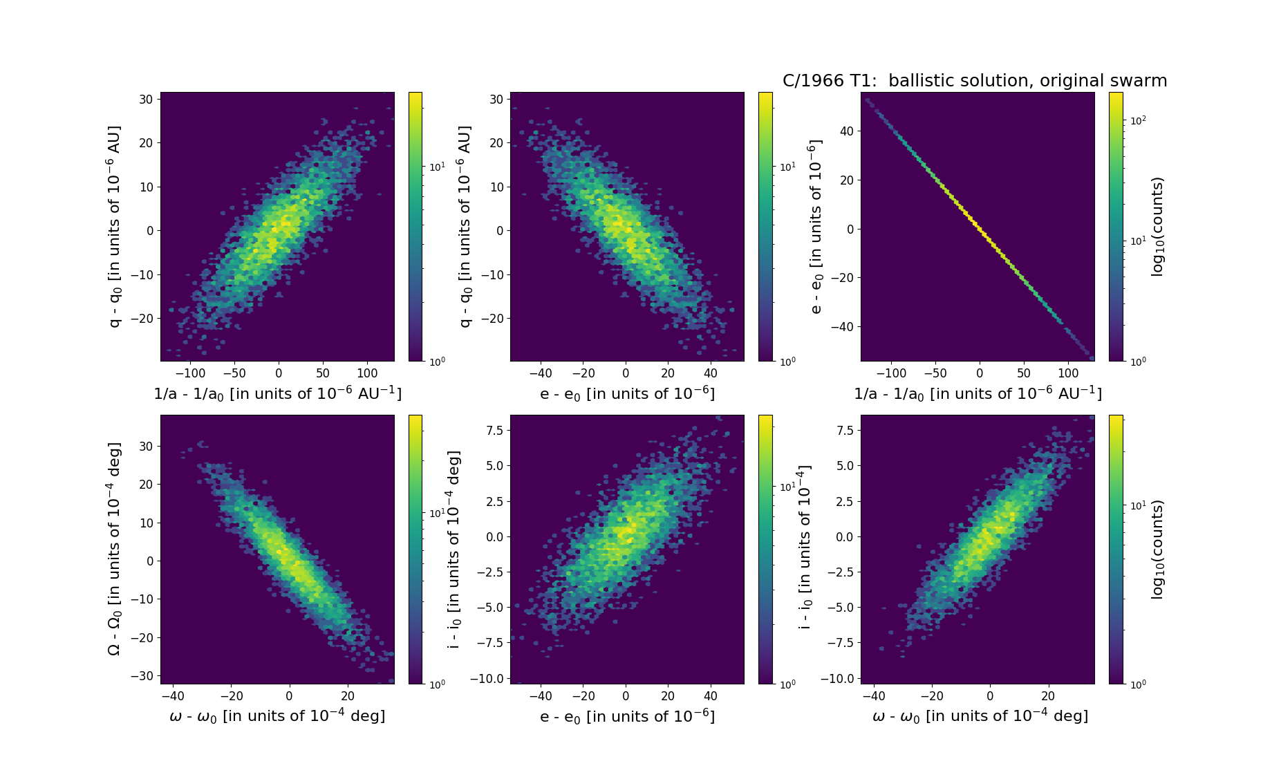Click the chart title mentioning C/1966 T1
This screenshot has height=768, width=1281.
point(975,81)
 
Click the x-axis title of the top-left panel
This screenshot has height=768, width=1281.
point(277,393)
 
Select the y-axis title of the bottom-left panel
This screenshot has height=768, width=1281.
point(114,549)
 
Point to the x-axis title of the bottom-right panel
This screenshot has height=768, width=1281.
point(980,716)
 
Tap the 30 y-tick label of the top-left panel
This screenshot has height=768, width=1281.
point(145,99)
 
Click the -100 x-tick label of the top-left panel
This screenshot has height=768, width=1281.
point(190,373)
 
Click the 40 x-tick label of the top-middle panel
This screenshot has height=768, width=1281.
point(711,373)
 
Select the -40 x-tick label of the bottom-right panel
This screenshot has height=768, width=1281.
point(875,696)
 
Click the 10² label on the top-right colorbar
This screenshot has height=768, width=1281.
point(1137,120)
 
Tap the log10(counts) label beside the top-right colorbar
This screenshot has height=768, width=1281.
point(1157,227)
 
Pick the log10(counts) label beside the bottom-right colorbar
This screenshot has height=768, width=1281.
point(1157,549)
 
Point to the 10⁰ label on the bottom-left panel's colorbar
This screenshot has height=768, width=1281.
point(437,684)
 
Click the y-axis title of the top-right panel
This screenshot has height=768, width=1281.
point(816,227)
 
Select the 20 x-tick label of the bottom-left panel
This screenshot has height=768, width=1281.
point(348,696)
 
